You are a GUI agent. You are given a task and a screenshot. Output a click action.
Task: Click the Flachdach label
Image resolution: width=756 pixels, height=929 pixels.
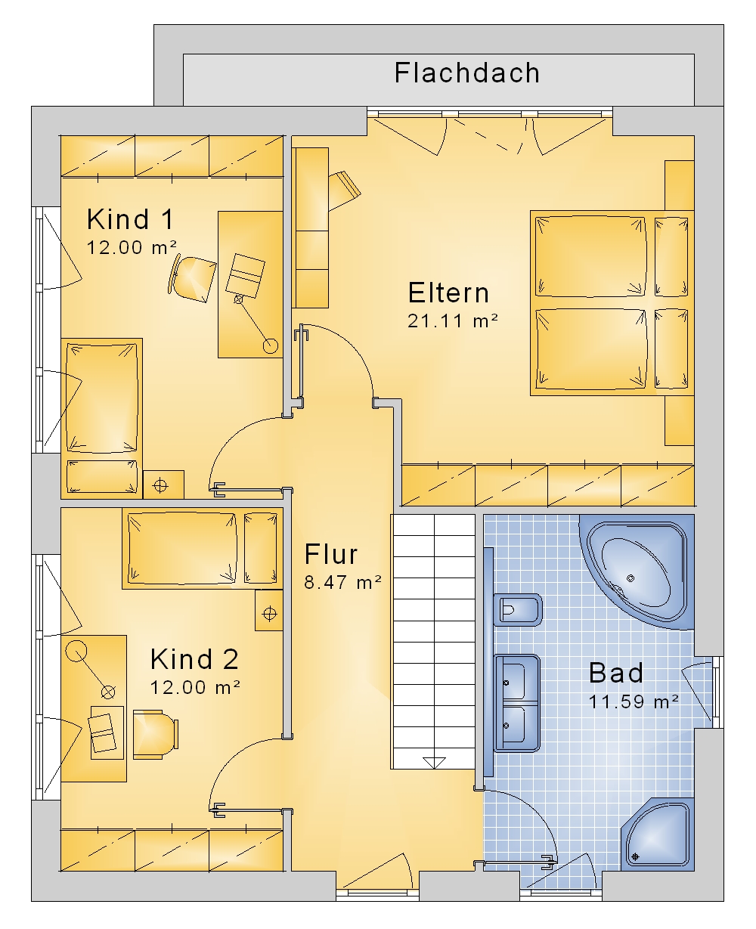pos(467,73)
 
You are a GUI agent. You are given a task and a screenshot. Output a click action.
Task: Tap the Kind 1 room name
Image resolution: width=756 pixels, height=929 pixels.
pos(131,219)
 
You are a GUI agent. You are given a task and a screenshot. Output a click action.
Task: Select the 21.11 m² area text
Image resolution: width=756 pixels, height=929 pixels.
pos(452,321)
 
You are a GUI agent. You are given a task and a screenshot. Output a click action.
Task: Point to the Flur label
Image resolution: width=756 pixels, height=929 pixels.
pos(331,554)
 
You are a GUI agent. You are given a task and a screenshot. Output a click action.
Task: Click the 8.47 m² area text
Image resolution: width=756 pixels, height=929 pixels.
pos(342,582)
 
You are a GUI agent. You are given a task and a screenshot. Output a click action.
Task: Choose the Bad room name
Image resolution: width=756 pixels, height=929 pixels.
pos(616,673)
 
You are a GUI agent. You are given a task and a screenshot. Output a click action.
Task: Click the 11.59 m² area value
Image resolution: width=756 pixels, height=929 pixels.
pos(634,701)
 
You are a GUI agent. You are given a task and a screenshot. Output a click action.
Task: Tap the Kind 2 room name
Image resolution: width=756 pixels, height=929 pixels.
pos(194,659)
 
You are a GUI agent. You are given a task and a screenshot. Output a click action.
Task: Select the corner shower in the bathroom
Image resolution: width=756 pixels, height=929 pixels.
pos(658,835)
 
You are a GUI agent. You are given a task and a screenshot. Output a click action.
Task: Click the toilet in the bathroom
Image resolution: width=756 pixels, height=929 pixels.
pos(518,608)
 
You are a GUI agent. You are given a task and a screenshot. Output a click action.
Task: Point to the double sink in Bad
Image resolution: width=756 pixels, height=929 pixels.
pos(517,704)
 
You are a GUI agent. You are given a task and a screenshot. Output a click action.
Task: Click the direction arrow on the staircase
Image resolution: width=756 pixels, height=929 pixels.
pos(434,763)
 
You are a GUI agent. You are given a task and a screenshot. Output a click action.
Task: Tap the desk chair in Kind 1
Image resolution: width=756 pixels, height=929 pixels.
pos(192,278)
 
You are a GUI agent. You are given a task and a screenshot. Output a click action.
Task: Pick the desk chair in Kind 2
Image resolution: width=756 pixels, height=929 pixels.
pos(155,735)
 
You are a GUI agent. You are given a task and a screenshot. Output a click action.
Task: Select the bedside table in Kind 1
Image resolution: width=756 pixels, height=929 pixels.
pos(163,485)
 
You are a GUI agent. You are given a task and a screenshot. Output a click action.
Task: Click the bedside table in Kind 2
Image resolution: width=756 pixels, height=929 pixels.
pos(269,610)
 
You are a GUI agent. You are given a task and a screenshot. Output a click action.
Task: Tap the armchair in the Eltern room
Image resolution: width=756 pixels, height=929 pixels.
pos(344,190)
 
